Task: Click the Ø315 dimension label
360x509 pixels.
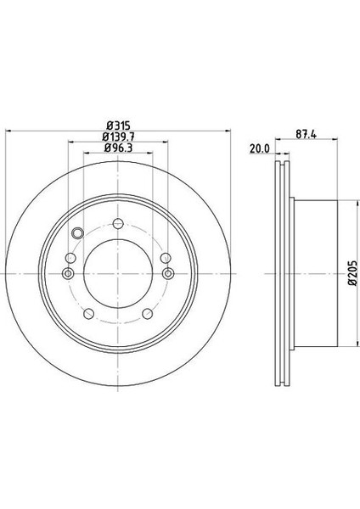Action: pyautogui.click(x=118, y=126)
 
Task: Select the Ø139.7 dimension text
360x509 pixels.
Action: pyautogui.click(x=118, y=137)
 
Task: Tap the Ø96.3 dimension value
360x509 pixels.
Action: pyautogui.click(x=118, y=148)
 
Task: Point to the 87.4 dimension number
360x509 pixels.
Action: pyautogui.click(x=306, y=134)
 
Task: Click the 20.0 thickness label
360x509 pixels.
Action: pyautogui.click(x=260, y=148)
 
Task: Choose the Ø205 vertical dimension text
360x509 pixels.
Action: pyautogui.click(x=353, y=273)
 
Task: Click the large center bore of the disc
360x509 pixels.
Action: pyautogui.click(x=118, y=274)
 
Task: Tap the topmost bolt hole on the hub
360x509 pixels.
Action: pyautogui.click(x=118, y=223)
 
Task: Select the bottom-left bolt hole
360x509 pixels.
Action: pyautogui.click(x=88, y=314)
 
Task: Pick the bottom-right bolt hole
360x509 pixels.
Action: pyautogui.click(x=148, y=314)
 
